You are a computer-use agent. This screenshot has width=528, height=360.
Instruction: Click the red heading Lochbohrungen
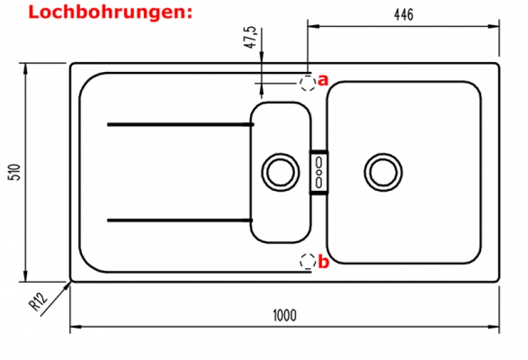click(110, 12)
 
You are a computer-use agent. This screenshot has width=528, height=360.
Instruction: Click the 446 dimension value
click(403, 15)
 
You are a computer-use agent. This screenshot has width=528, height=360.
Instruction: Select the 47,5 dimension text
click(250, 37)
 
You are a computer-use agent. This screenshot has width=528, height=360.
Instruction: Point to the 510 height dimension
click(15, 172)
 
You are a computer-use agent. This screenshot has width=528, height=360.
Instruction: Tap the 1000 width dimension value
click(284, 316)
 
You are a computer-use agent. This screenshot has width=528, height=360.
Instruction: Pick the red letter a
click(323, 81)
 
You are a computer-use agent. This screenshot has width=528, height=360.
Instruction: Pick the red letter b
click(323, 262)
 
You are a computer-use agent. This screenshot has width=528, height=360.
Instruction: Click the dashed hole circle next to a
click(308, 83)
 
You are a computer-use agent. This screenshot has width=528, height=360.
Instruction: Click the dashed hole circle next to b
click(308, 261)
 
